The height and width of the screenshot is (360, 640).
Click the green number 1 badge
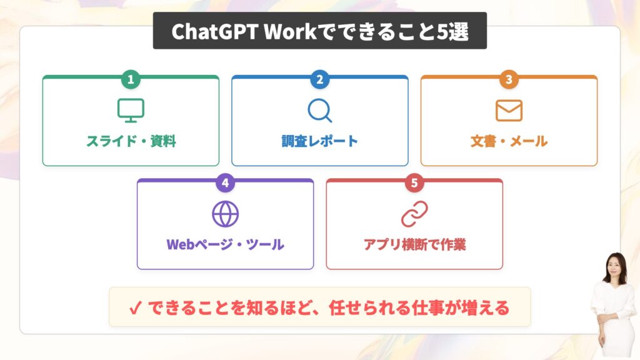131,79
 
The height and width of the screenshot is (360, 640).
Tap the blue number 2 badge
319,79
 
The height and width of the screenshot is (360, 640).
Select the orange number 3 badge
509,79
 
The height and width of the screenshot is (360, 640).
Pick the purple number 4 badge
225,182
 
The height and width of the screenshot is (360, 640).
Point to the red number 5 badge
414,182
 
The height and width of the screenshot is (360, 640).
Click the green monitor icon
131,110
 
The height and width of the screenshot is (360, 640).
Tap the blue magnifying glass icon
319,110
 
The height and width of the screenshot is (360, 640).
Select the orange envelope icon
509,110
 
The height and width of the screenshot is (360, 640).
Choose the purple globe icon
225,214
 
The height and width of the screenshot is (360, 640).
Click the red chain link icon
414,214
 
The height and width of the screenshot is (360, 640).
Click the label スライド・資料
131,141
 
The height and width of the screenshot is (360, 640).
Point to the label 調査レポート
319,141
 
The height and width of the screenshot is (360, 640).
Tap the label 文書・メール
509,141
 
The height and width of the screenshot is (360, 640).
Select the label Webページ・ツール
225,244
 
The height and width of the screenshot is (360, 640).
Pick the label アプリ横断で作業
415,244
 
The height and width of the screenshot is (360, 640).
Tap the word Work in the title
290,32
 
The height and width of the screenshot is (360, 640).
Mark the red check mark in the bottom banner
135,307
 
